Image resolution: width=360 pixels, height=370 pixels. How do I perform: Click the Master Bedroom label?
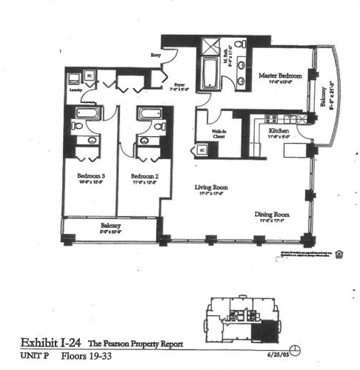point(278,76)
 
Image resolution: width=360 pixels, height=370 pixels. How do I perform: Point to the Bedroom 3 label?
point(91,177)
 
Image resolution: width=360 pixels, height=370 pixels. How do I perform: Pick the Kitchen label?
point(279,132)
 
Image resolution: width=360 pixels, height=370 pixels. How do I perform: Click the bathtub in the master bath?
point(207,75)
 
